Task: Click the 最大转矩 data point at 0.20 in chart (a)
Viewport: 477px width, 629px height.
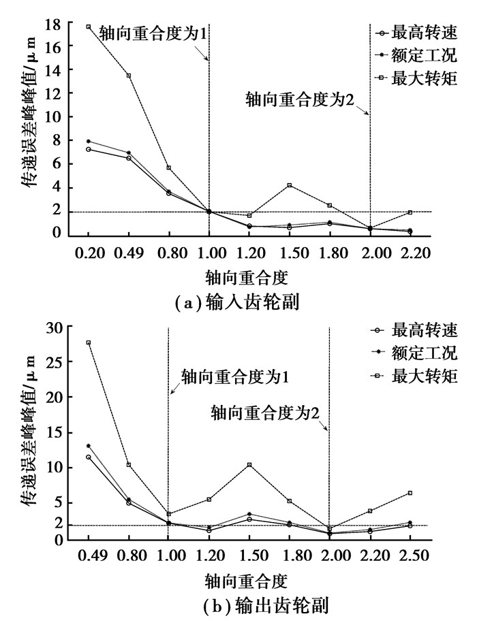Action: pyautogui.click(x=88, y=27)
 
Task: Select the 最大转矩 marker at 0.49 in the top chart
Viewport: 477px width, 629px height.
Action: pyautogui.click(x=128, y=75)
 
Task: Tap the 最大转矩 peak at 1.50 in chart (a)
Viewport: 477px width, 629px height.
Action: pyautogui.click(x=290, y=185)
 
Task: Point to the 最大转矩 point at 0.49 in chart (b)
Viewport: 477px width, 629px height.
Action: pyautogui.click(x=88, y=342)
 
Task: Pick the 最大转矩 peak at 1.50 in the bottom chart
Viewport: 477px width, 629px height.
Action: pyautogui.click(x=249, y=465)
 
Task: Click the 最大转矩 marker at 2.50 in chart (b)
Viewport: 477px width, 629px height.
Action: pyautogui.click(x=410, y=493)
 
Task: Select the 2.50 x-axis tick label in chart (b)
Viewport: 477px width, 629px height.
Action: pyautogui.click(x=410, y=555)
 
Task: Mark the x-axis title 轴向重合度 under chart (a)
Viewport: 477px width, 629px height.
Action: pyautogui.click(x=245, y=277)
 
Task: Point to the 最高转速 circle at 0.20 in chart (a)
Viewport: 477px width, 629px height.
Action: pyautogui.click(x=88, y=149)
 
